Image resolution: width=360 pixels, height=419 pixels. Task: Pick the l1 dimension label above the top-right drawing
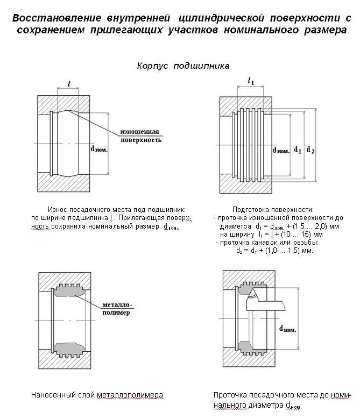(251, 81)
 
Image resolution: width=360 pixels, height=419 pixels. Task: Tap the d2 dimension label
(310, 149)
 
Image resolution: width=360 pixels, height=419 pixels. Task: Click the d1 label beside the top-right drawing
(297, 149)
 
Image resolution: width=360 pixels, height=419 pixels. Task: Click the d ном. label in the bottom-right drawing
(288, 328)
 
